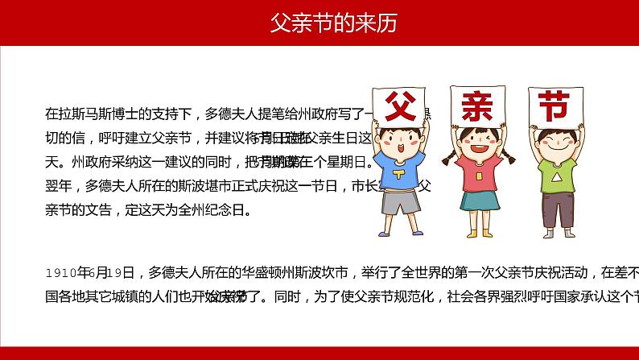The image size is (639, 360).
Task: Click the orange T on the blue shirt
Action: [x=400, y=174]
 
